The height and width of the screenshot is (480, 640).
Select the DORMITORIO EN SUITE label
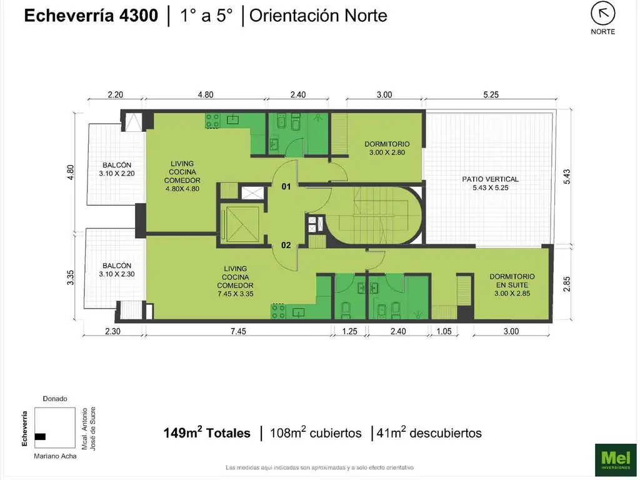(512, 284)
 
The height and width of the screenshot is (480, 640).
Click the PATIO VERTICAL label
(491, 183)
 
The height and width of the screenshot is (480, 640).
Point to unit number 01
(286, 187)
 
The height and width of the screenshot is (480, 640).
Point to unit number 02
(286, 245)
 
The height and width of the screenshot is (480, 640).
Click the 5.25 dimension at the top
(490, 95)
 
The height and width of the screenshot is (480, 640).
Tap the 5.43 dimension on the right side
(567, 178)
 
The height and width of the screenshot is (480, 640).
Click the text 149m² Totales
(207, 432)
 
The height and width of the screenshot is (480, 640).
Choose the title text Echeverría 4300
(91, 16)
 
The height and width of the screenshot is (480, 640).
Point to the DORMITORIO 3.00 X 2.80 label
(387, 148)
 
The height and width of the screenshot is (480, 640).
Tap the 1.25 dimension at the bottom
(349, 332)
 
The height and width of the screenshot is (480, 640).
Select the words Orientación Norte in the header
(318, 16)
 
